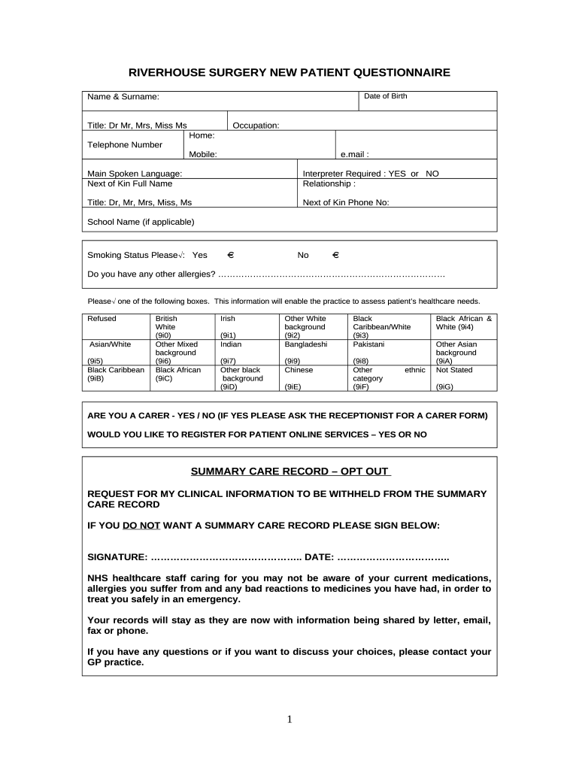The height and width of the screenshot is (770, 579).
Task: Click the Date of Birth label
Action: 386,96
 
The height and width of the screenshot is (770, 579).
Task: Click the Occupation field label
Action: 256,126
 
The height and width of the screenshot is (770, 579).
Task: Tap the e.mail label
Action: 355,154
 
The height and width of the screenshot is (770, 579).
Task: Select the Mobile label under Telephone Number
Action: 203,154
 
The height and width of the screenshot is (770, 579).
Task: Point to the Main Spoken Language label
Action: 135,174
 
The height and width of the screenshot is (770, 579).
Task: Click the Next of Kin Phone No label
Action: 346,202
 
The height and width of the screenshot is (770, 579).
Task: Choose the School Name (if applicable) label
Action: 141,222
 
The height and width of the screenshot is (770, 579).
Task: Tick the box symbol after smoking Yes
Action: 231,255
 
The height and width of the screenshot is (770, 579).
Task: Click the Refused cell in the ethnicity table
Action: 102,319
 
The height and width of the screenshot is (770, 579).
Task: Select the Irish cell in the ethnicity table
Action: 228,319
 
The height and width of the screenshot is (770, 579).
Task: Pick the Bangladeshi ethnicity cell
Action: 306,344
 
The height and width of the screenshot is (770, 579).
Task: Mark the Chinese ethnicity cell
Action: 299,370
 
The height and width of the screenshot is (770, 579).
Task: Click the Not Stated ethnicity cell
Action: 454,370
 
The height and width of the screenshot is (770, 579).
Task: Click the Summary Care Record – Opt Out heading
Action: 290,471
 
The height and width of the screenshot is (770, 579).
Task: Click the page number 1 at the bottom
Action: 289,720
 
